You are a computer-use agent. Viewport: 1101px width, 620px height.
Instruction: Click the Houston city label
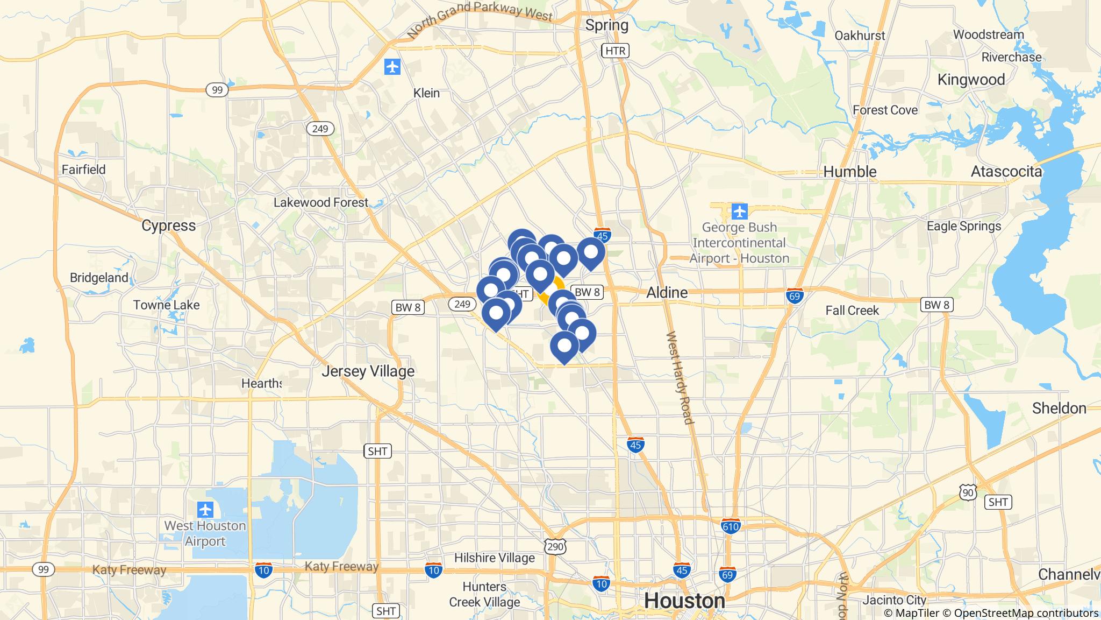684,600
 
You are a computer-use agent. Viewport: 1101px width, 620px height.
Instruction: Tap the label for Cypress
168,225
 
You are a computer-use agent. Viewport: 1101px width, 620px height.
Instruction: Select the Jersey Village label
368,371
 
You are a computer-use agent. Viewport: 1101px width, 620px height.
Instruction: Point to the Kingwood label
971,80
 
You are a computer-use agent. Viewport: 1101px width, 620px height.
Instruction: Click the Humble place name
850,172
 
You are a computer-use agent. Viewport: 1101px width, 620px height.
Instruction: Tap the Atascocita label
1006,172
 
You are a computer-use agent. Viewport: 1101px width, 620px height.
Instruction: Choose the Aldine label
667,292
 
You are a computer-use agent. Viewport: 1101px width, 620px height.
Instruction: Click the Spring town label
606,25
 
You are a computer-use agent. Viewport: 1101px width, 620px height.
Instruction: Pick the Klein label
426,93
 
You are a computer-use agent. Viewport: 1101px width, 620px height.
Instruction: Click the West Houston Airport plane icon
205,509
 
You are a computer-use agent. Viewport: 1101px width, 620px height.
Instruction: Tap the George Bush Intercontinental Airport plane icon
740,212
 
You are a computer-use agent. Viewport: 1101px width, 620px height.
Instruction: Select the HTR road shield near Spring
615,51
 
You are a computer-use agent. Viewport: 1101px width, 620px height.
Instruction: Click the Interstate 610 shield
731,526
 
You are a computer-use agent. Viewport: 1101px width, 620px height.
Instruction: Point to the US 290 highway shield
555,547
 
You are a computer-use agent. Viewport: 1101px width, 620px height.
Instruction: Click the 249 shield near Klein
320,129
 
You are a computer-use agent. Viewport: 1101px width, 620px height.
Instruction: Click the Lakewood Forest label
320,202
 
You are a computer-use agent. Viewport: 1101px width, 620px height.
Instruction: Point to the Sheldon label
1059,408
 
